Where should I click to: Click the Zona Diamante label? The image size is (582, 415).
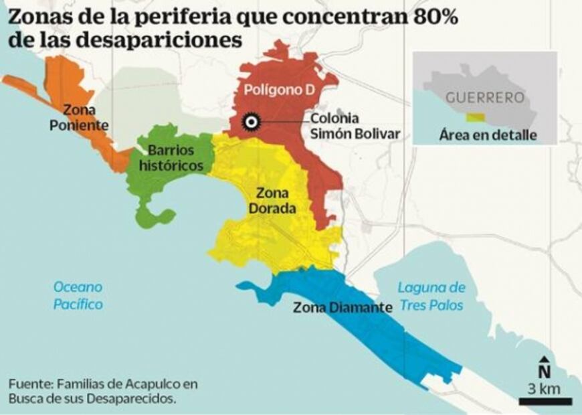pyautogui.click(x=341, y=308)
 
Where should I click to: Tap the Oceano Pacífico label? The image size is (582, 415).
pyautogui.click(x=79, y=295)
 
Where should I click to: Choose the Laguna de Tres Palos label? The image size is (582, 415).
pyautogui.click(x=431, y=296)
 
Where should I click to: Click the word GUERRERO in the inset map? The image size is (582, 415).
pyautogui.click(x=484, y=97)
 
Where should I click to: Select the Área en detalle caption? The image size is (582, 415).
pyautogui.click(x=488, y=135)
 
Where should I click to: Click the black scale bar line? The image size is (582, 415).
pyautogui.click(x=546, y=401)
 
